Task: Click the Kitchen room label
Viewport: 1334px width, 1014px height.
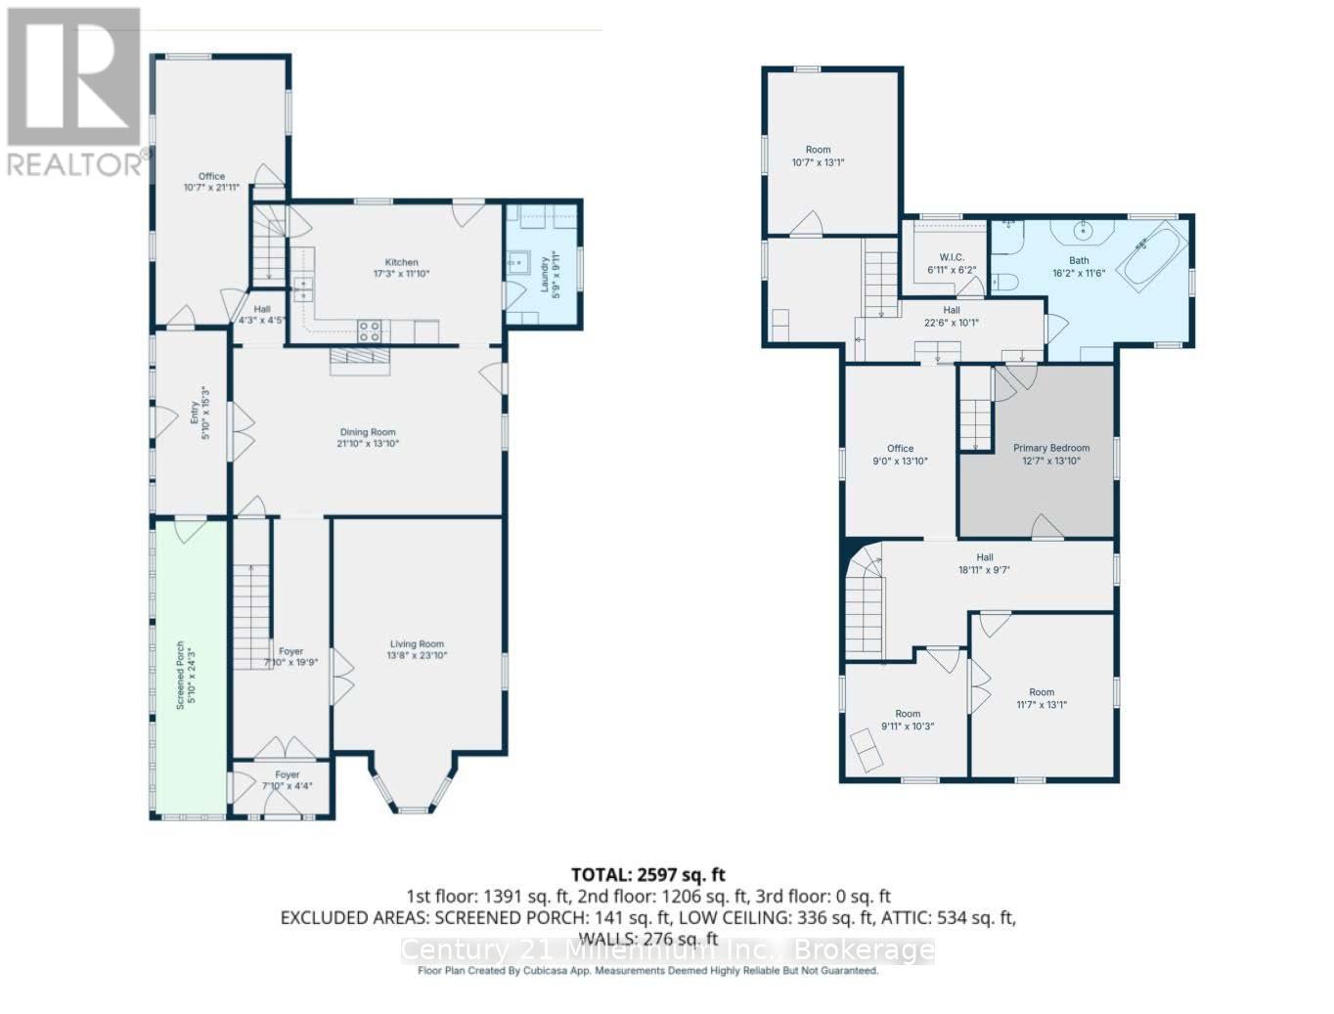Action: (x=401, y=262)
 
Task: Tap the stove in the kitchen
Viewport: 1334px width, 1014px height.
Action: (x=371, y=331)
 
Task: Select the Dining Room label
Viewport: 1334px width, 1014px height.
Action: (x=368, y=432)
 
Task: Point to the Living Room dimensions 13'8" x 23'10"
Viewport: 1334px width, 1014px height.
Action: (x=417, y=656)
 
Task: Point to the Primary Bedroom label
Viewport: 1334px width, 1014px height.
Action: (x=1050, y=448)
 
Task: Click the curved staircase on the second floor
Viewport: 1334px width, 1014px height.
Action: (x=866, y=601)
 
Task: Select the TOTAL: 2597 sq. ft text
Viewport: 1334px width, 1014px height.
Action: (x=648, y=874)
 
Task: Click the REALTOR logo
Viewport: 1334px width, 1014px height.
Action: (x=75, y=93)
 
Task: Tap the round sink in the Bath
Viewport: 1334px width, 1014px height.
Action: (x=1081, y=232)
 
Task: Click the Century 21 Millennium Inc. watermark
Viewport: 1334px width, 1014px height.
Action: (x=668, y=949)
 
